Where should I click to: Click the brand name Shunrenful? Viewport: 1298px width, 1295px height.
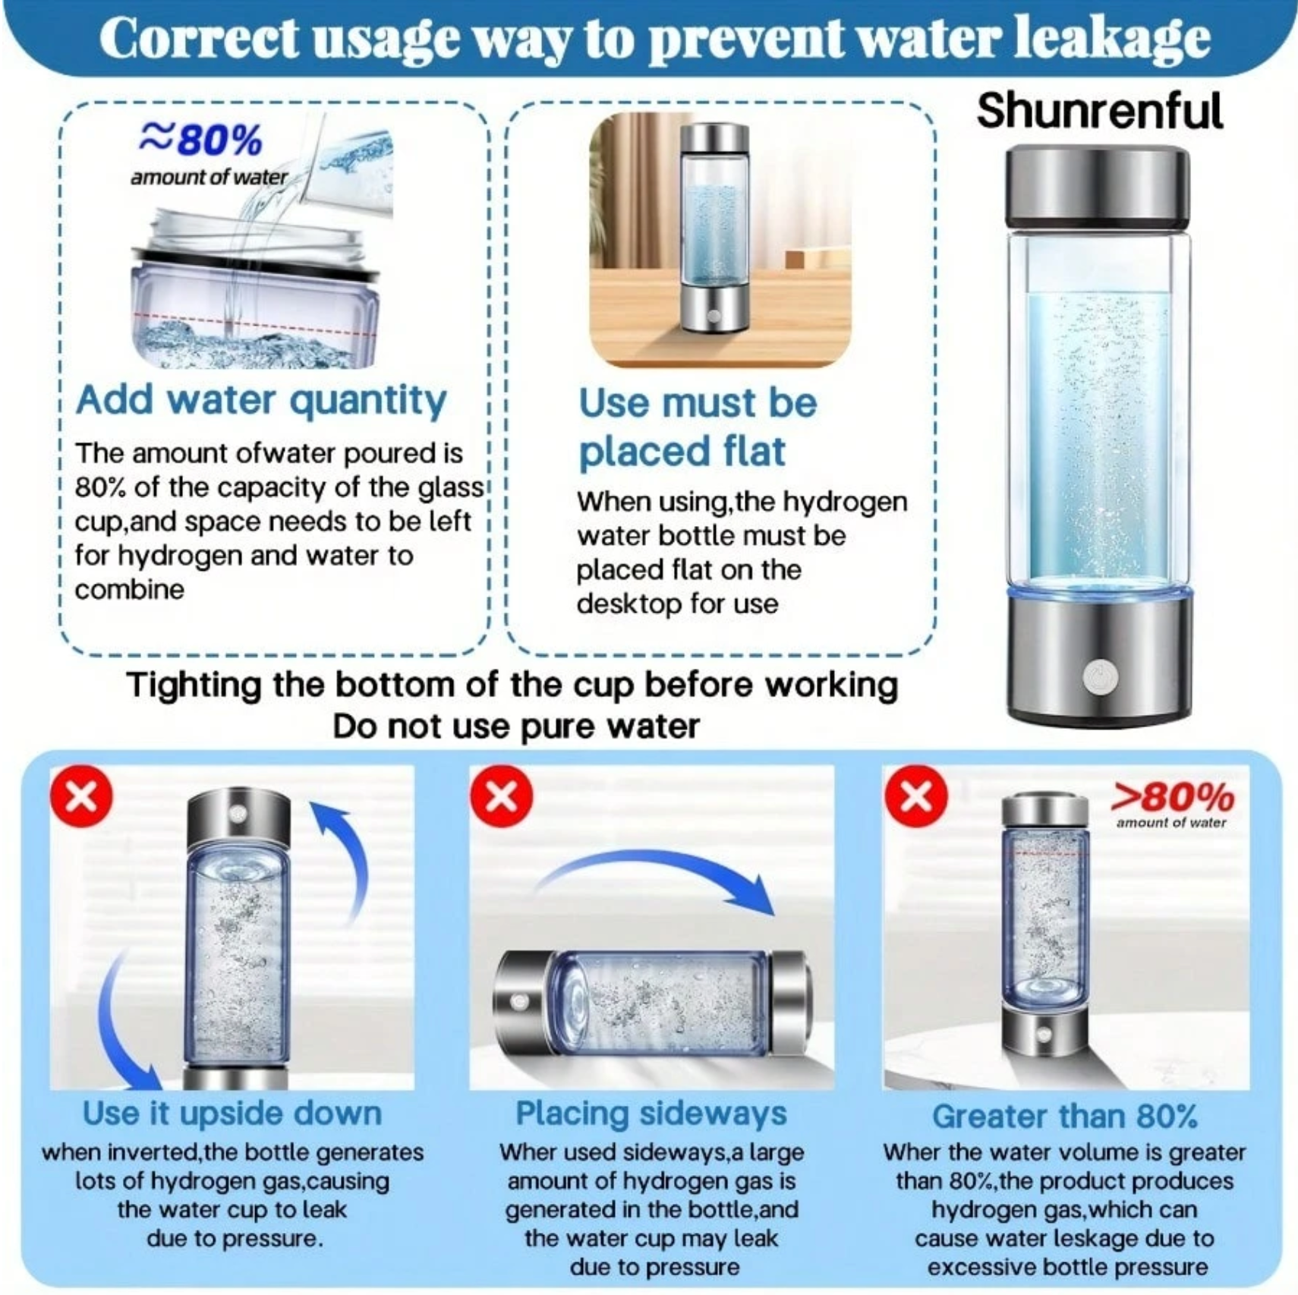[1099, 112]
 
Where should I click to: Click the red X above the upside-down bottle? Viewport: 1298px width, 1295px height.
[81, 797]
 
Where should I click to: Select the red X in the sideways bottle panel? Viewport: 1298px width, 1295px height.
[501, 796]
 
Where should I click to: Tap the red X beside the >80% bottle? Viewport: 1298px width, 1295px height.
[916, 796]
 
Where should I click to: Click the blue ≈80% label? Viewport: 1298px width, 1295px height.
[201, 139]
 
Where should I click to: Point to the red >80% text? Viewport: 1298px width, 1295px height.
[1173, 797]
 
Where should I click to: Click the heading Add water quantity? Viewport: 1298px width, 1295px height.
[261, 401]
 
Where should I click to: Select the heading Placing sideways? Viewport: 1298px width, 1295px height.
[651, 1114]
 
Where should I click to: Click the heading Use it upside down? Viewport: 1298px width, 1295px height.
[232, 1114]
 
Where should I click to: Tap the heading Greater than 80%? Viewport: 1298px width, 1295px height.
[1065, 1117]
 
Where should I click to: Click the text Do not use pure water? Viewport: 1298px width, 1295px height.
[516, 727]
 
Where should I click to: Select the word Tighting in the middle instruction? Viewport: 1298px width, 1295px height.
[194, 686]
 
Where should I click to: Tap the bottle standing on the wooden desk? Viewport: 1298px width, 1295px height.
[714, 238]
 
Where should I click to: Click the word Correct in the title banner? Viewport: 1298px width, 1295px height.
[199, 38]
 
